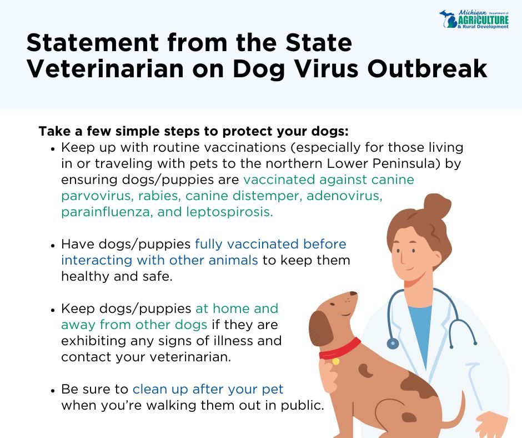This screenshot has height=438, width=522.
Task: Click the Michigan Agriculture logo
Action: (x=474, y=19)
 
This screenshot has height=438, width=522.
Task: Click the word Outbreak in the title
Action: (x=427, y=69)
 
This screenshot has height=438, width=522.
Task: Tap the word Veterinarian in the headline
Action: (x=105, y=69)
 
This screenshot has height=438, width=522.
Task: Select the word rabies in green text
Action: (x=159, y=196)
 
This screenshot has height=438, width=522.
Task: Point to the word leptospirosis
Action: (x=229, y=212)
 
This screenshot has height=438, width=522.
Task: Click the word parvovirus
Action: (x=97, y=196)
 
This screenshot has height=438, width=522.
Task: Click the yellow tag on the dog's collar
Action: (x=335, y=361)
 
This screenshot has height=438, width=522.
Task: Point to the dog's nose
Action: (x=353, y=293)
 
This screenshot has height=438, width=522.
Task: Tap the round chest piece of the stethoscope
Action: (x=393, y=344)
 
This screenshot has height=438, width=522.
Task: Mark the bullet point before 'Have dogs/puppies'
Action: (x=53, y=245)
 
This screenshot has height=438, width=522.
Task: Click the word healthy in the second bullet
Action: (x=85, y=276)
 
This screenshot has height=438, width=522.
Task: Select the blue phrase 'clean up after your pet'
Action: (x=208, y=389)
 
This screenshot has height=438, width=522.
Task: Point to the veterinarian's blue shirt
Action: (x=420, y=330)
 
